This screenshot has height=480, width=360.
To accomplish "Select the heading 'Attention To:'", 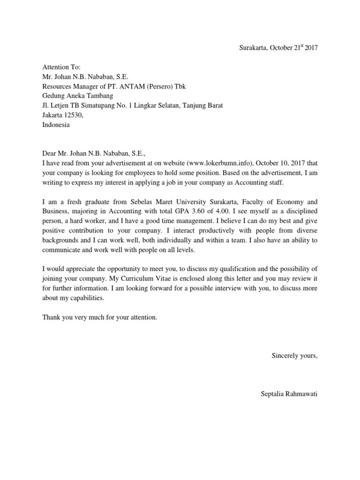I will pyautogui.click(x=61, y=67).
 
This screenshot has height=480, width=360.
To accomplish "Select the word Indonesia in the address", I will pyautogui.click(x=56, y=125).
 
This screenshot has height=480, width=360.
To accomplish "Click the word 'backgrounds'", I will pyautogui.click(x=61, y=240).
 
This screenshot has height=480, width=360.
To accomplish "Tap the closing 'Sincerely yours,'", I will pyautogui.click(x=295, y=356).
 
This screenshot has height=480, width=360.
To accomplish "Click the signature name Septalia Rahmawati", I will pyautogui.click(x=289, y=394).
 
